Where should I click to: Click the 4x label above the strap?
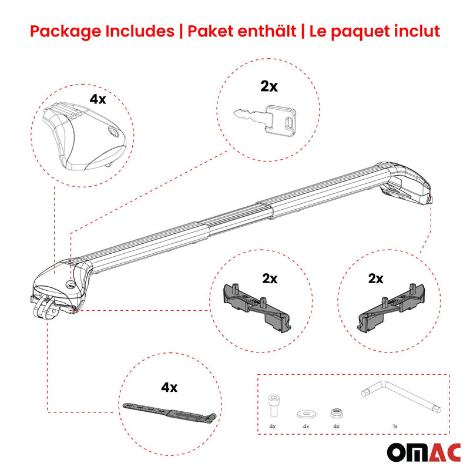click(x=169, y=387)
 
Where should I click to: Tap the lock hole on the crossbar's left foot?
click(x=70, y=285)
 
